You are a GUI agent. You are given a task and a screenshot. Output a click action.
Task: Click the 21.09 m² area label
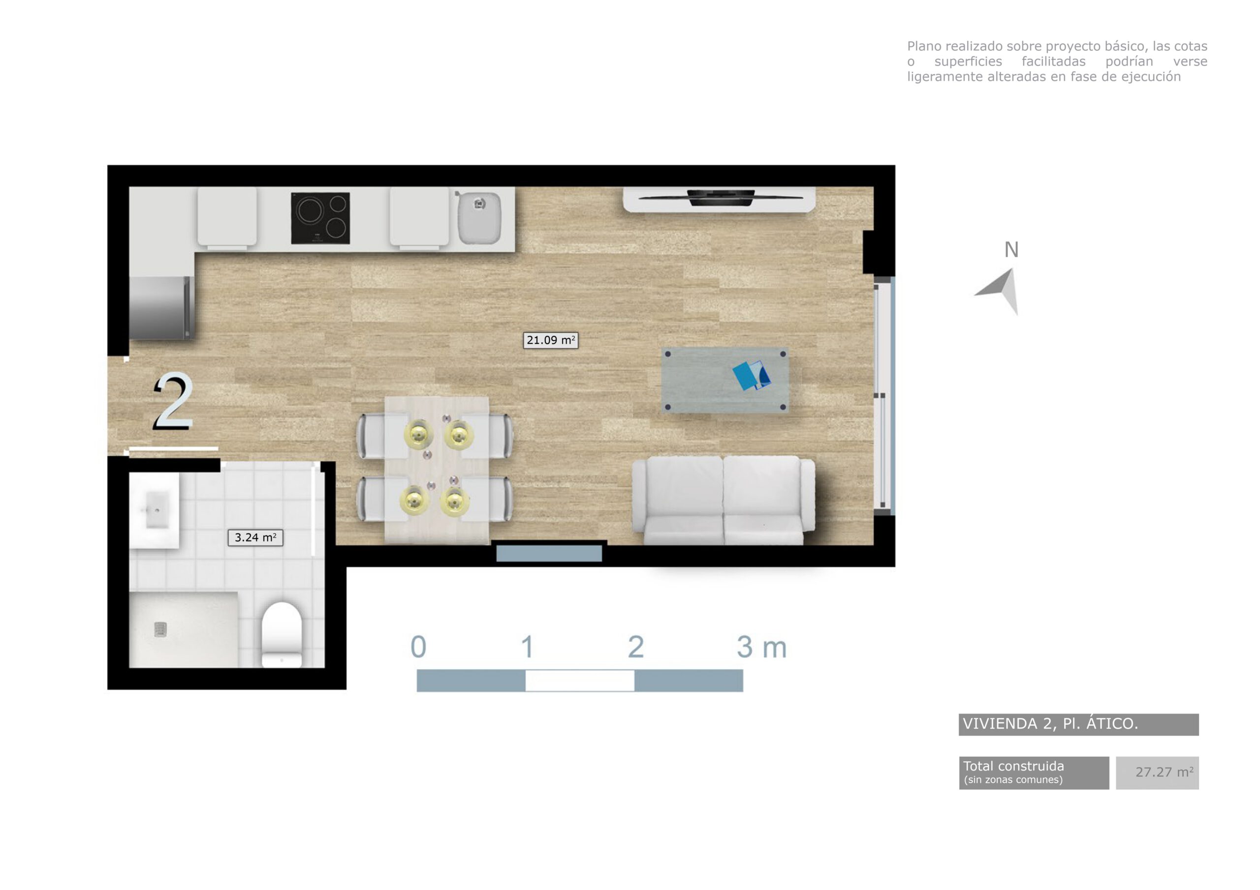(x=550, y=341)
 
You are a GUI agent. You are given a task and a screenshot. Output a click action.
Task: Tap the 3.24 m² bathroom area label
(x=255, y=537)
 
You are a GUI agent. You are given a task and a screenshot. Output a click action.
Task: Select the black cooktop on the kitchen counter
(x=320, y=218)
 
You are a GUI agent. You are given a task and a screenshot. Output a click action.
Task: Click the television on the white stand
(x=720, y=197)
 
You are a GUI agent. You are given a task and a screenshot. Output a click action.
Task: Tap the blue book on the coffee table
(x=751, y=375)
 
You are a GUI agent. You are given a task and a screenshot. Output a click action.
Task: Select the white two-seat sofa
(x=724, y=500)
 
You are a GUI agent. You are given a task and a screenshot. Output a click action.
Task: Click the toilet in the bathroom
(x=282, y=634)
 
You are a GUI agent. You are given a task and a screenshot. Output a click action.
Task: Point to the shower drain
(x=160, y=629)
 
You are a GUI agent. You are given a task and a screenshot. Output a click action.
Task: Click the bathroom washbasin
(x=156, y=510)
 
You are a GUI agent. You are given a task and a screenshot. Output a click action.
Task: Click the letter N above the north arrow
(x=1011, y=250)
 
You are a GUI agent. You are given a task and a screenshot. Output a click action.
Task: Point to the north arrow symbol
(x=1002, y=290)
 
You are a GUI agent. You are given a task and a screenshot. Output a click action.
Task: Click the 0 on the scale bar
(x=418, y=647)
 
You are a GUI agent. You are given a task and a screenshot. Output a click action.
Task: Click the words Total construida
(x=1013, y=766)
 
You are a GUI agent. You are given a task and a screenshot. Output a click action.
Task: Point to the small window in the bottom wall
(x=549, y=553)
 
